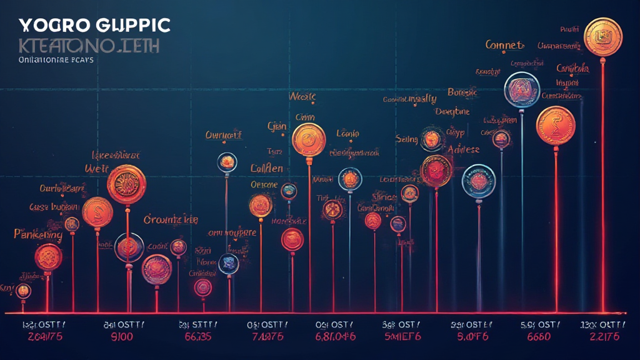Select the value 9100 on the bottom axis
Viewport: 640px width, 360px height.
click(x=122, y=337)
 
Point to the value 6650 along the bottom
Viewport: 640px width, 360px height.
click(x=538, y=337)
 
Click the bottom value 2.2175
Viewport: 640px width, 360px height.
click(x=603, y=337)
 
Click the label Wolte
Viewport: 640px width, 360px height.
click(x=302, y=97)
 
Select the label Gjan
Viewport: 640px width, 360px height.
click(x=277, y=126)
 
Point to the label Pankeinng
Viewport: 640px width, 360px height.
click(x=38, y=235)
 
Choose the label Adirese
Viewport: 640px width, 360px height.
click(x=464, y=149)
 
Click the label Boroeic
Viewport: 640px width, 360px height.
click(x=462, y=92)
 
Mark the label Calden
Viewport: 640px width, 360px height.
click(x=267, y=168)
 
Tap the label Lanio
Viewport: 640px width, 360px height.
click(x=347, y=132)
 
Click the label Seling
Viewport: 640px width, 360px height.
click(x=406, y=139)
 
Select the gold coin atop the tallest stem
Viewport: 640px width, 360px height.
click(x=602, y=36)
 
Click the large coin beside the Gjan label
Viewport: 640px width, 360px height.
click(x=309, y=139)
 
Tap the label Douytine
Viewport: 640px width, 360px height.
click(x=452, y=111)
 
